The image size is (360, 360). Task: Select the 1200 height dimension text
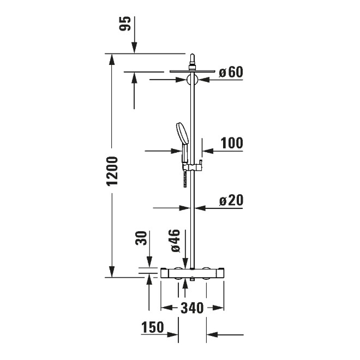click(x=112, y=171)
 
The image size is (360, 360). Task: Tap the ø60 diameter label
click(x=230, y=72)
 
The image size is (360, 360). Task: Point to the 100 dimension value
click(x=232, y=143)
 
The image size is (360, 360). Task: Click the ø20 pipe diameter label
click(x=231, y=200)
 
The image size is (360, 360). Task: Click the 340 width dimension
click(x=191, y=308)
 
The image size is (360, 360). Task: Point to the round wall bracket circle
click(x=192, y=80)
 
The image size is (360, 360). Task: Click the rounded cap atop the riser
click(x=192, y=59)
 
